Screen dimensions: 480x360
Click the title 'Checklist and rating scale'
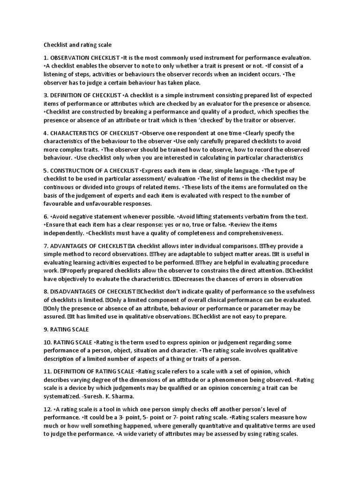click(77, 45)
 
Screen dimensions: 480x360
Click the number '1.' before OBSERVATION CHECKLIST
click(46, 58)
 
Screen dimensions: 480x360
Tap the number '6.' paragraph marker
click(46, 217)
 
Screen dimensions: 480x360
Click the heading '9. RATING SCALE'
click(66, 330)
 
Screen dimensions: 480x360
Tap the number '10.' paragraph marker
click(47, 342)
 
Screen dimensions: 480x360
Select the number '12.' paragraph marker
click(47, 409)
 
